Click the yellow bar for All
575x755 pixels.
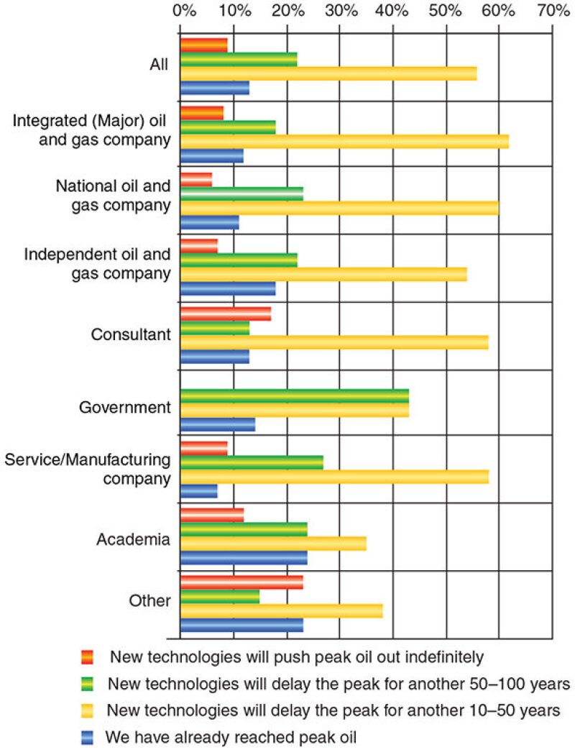pos(328,73)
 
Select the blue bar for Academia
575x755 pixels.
pos(244,557)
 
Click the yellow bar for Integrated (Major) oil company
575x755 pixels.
pos(344,141)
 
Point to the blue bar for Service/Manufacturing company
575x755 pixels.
pos(198,490)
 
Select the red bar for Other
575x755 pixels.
pos(241,582)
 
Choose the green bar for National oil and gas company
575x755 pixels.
pos(241,193)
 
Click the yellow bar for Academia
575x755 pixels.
pos(273,543)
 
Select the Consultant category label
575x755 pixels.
pos(131,335)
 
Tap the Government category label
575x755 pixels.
pos(125,408)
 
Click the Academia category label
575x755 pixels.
pos(134,539)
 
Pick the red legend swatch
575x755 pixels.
pos(88,656)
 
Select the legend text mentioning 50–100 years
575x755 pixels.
pos(338,683)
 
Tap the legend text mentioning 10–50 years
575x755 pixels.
pos(333,710)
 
